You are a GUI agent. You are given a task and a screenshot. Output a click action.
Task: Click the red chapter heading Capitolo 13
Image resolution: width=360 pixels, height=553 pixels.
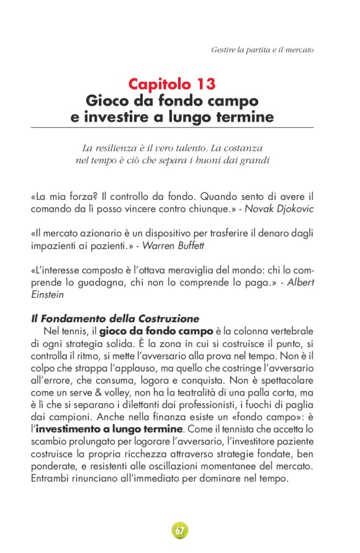[172, 83]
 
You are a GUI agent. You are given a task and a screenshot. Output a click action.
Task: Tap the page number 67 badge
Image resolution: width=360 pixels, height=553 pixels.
[179, 531]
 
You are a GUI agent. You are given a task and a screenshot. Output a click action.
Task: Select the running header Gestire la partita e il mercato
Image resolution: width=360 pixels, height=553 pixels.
[262, 49]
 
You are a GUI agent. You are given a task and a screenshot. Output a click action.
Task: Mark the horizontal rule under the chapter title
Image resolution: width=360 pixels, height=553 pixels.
[172, 127]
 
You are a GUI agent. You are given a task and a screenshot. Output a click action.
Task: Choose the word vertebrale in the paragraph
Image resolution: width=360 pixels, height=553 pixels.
[288, 331]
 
